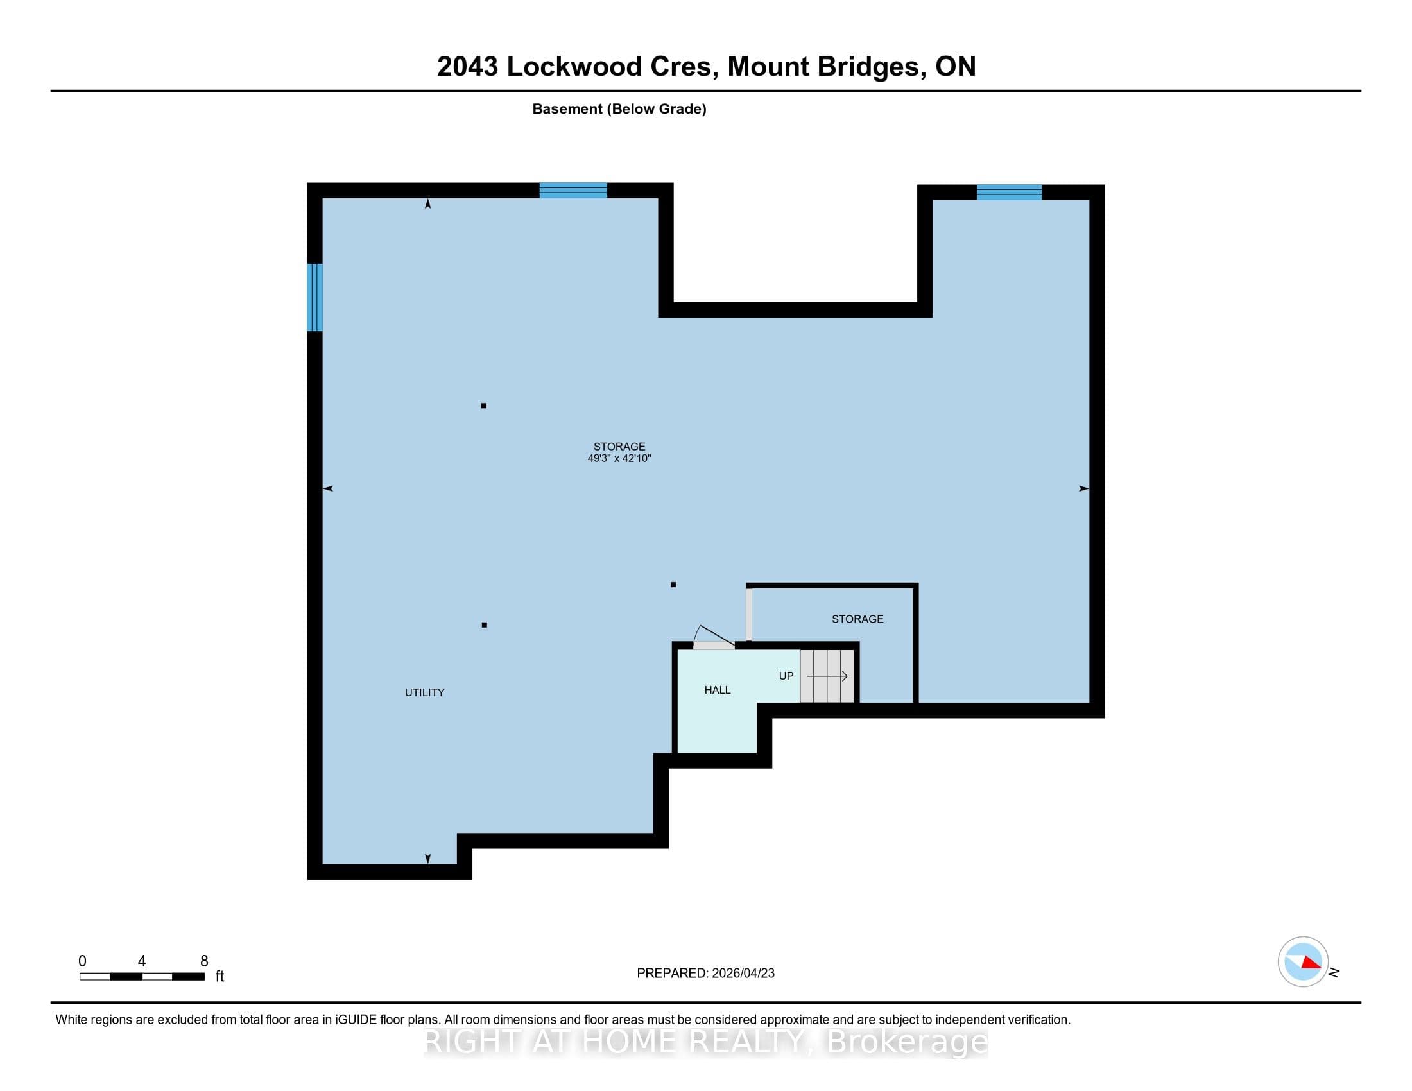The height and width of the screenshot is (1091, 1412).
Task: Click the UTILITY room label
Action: (x=424, y=692)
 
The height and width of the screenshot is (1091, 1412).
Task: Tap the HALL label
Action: (x=717, y=691)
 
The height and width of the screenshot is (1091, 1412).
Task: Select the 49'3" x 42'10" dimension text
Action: (x=619, y=458)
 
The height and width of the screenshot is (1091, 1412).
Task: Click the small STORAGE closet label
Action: (x=857, y=619)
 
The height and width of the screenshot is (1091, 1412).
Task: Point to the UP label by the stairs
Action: (x=786, y=676)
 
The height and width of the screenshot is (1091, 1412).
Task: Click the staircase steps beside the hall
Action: (x=827, y=676)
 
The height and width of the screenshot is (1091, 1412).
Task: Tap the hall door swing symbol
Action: (x=714, y=637)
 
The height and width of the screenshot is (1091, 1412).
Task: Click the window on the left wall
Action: (x=315, y=297)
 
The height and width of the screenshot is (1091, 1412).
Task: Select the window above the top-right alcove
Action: (x=1008, y=192)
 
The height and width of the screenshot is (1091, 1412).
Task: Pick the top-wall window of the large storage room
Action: (x=573, y=190)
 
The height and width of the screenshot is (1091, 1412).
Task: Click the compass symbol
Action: (x=1303, y=962)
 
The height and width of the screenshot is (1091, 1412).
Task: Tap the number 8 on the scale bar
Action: (x=204, y=961)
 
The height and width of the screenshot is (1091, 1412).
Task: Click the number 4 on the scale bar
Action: (x=142, y=961)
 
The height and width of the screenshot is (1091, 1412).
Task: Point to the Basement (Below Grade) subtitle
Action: (x=619, y=108)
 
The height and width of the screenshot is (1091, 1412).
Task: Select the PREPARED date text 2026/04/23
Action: (x=743, y=974)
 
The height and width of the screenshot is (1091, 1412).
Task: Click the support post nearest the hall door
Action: (x=673, y=585)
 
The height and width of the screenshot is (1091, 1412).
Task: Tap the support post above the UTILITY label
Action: (x=484, y=625)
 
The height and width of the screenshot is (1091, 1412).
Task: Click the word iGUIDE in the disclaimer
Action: (x=356, y=1020)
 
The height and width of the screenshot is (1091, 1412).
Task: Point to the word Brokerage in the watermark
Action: (x=908, y=1041)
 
